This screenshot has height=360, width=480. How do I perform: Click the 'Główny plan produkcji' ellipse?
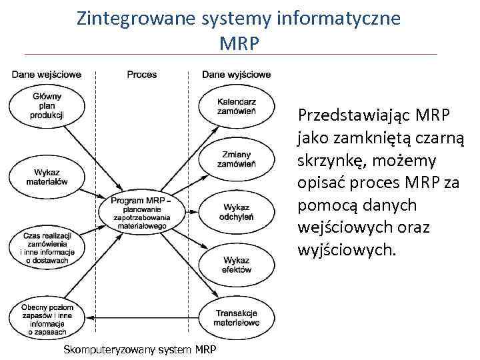(47, 106)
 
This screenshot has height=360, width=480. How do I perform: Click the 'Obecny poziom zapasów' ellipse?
(47, 319)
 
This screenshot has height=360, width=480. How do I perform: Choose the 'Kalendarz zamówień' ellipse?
(237, 106)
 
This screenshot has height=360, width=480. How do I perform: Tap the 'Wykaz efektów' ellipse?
(237, 265)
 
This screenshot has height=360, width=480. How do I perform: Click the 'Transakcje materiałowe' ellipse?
(237, 318)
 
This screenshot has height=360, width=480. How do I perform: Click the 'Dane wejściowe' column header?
(47, 75)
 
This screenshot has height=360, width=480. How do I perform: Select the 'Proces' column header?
(142, 75)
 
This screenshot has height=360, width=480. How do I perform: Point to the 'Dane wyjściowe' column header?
(237, 75)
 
